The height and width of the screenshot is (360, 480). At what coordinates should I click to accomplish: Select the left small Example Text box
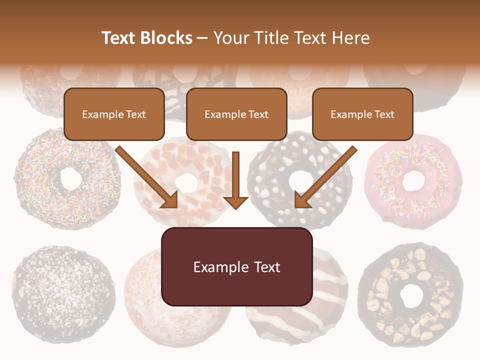pos(114,114)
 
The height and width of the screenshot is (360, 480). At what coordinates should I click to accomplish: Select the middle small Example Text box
pos(236,114)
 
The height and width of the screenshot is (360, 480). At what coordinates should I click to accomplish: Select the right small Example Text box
pos(362,114)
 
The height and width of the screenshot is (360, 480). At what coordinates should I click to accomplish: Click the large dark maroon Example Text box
pos(236,266)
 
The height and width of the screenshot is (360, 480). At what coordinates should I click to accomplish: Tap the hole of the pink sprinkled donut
pos(413,180)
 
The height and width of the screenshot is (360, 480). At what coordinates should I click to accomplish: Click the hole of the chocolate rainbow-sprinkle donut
pos(68,178)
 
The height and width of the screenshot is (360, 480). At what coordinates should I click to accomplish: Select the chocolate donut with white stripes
pos(300,320)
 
